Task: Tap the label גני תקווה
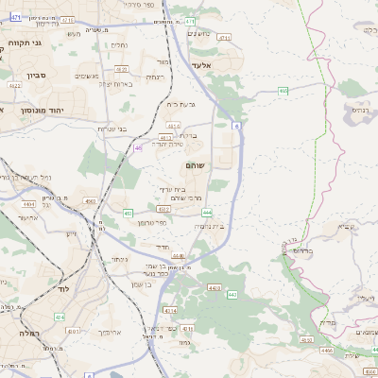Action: [26, 43]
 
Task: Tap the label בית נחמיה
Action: [211, 226]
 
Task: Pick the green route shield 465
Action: [283, 91]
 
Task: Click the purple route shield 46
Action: [139, 147]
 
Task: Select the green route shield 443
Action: [232, 295]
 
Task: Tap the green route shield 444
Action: [206, 214]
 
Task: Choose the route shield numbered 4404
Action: [28, 203]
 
